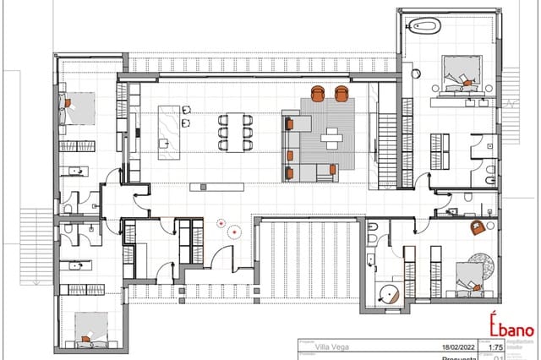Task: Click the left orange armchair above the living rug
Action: [x=319, y=93]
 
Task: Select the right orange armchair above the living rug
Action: [x=342, y=93]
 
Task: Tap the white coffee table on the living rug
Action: [x=332, y=136]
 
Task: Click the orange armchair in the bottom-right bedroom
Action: [x=478, y=226]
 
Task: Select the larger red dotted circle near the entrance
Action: [x=221, y=224]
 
